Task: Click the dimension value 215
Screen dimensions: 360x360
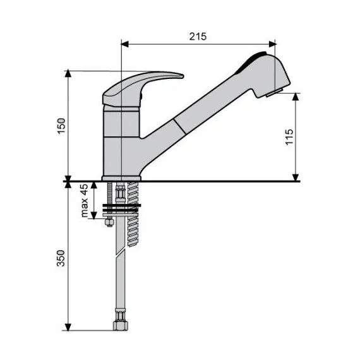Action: coord(198,36)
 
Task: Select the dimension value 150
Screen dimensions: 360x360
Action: coord(61,126)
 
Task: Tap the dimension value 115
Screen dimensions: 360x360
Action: coord(289,137)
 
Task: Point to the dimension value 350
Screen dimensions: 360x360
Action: coord(61,258)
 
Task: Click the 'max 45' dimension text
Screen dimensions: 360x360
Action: coord(84,200)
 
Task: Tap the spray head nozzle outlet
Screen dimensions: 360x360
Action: coord(274,92)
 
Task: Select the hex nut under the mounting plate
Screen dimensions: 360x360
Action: coord(109,222)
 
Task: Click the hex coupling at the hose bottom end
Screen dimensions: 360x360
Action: coord(120,325)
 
